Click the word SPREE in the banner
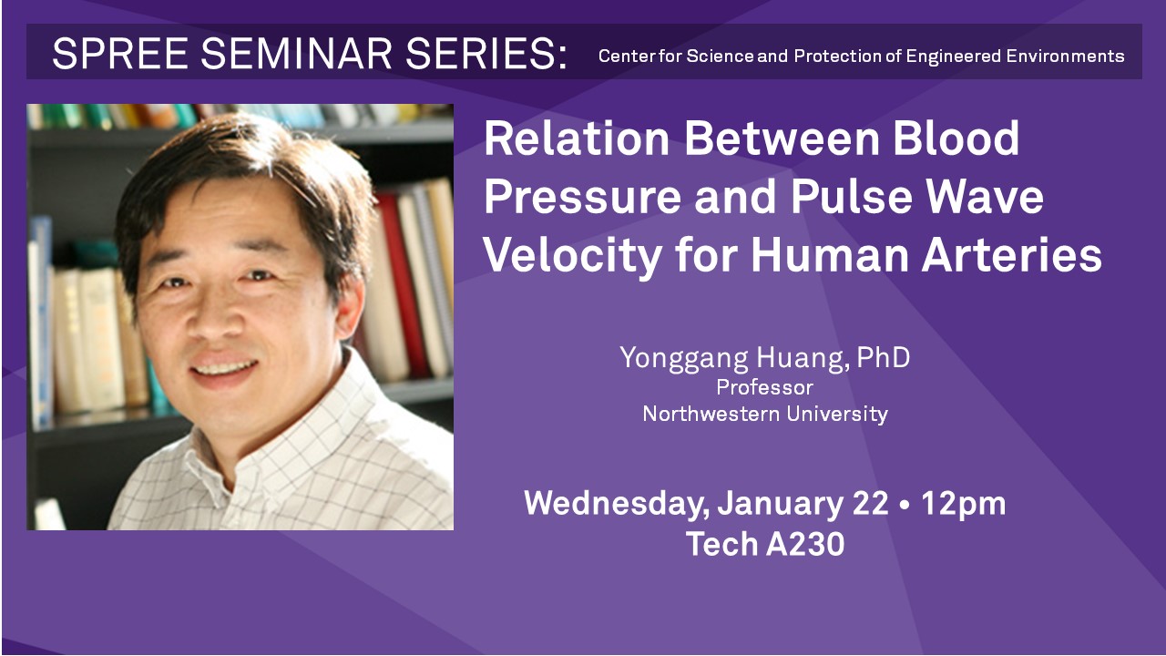point(120,54)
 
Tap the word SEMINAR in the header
point(296,54)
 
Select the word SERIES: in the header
point(486,54)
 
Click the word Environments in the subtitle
point(1065,56)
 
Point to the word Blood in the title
point(956,138)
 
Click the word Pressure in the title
point(582,197)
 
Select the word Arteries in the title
point(1011,255)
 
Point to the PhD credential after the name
point(884,358)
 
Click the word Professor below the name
point(764,387)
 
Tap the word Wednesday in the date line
point(617,504)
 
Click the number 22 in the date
point(871,504)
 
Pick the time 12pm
point(964,505)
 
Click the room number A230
point(805,544)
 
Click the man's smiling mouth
point(225,369)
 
